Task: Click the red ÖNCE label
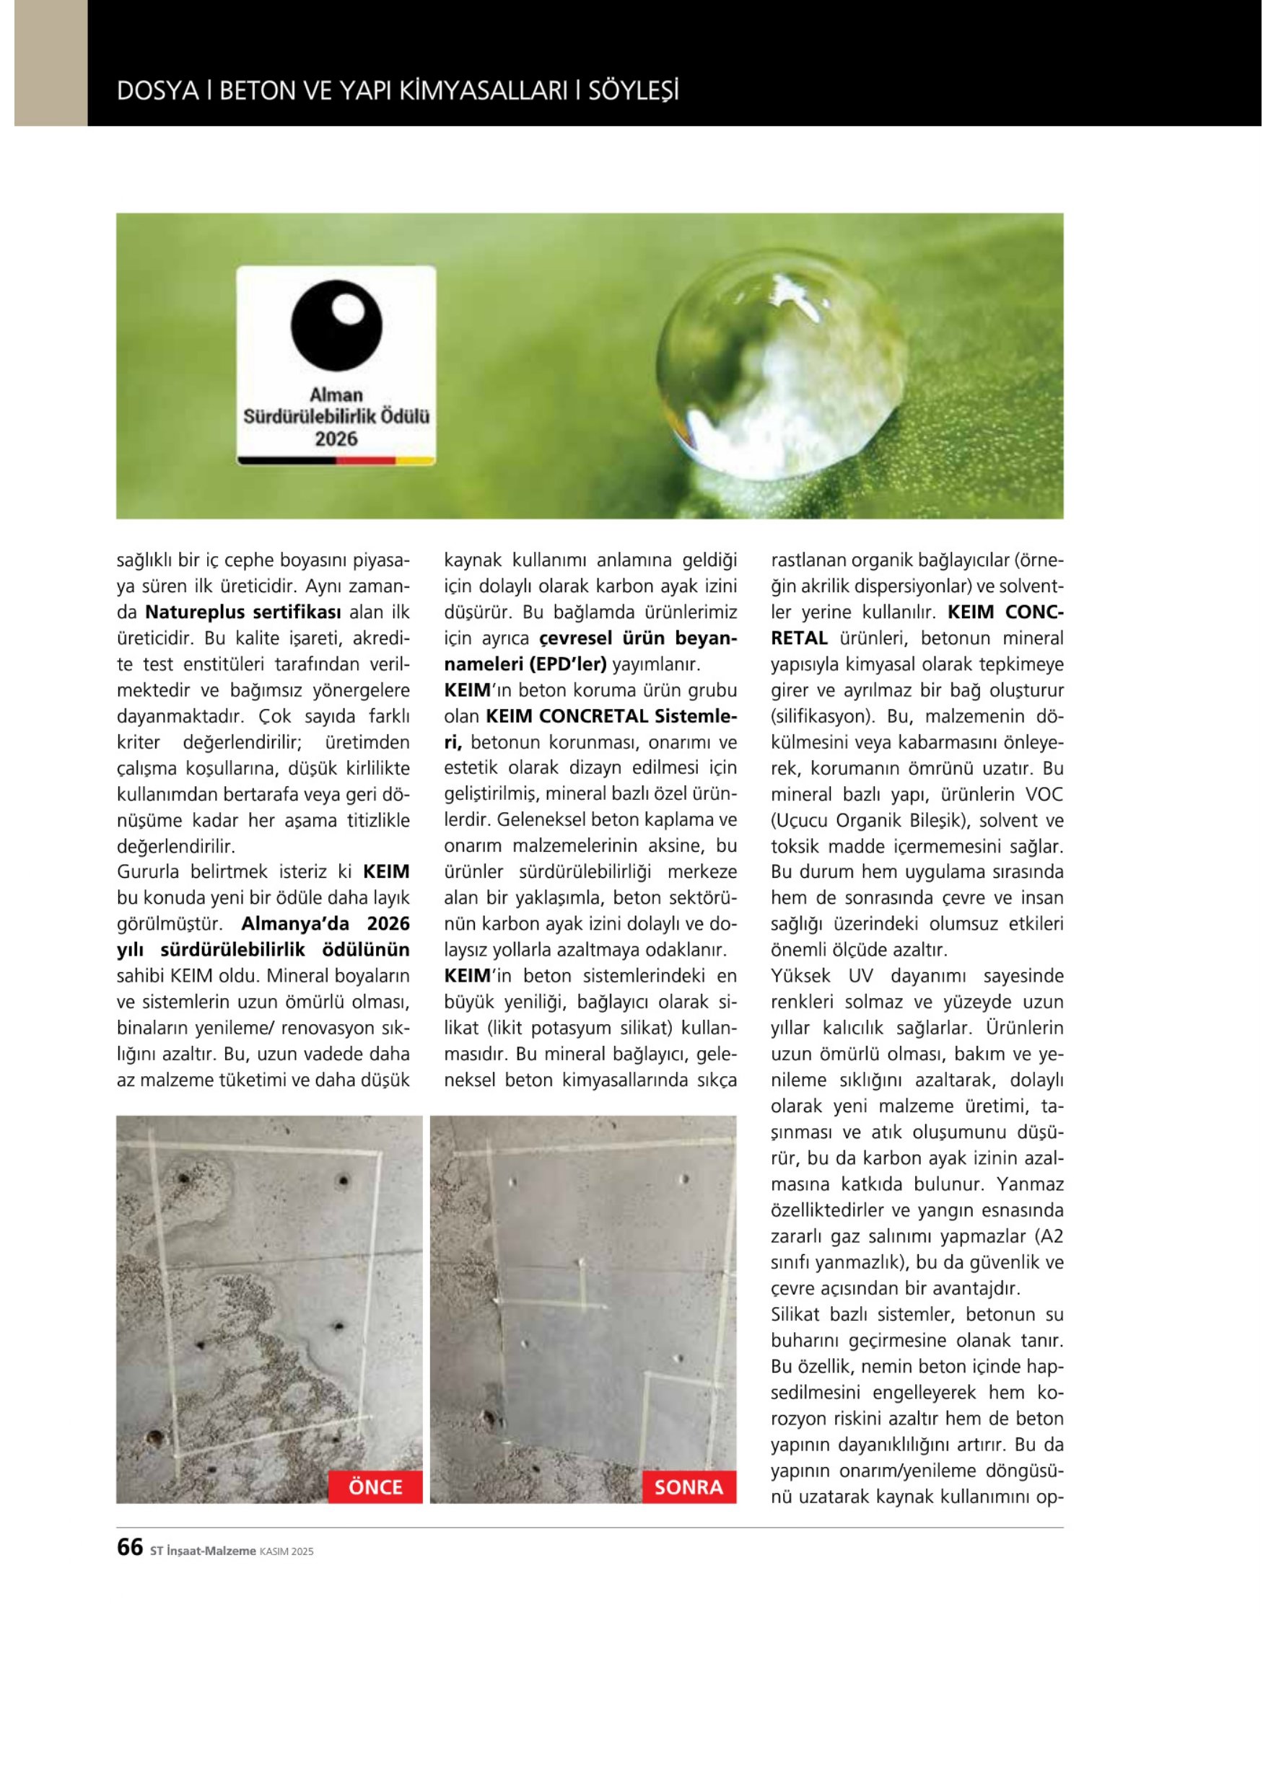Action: click(x=375, y=1487)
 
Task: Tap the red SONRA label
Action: click(x=688, y=1487)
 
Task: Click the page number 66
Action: click(x=129, y=1546)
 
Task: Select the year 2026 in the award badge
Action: click(x=336, y=439)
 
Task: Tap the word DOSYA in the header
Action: click(x=157, y=91)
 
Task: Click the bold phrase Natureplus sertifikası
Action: click(x=244, y=612)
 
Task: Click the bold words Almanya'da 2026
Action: click(x=325, y=924)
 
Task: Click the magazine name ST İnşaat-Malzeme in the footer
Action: click(x=203, y=1551)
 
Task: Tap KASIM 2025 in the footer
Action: click(x=286, y=1551)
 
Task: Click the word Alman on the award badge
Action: click(x=336, y=395)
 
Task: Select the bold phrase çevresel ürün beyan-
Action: click(x=637, y=638)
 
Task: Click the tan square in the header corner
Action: click(x=51, y=62)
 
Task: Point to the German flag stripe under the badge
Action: click(x=336, y=461)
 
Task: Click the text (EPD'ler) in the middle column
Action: click(x=567, y=664)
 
